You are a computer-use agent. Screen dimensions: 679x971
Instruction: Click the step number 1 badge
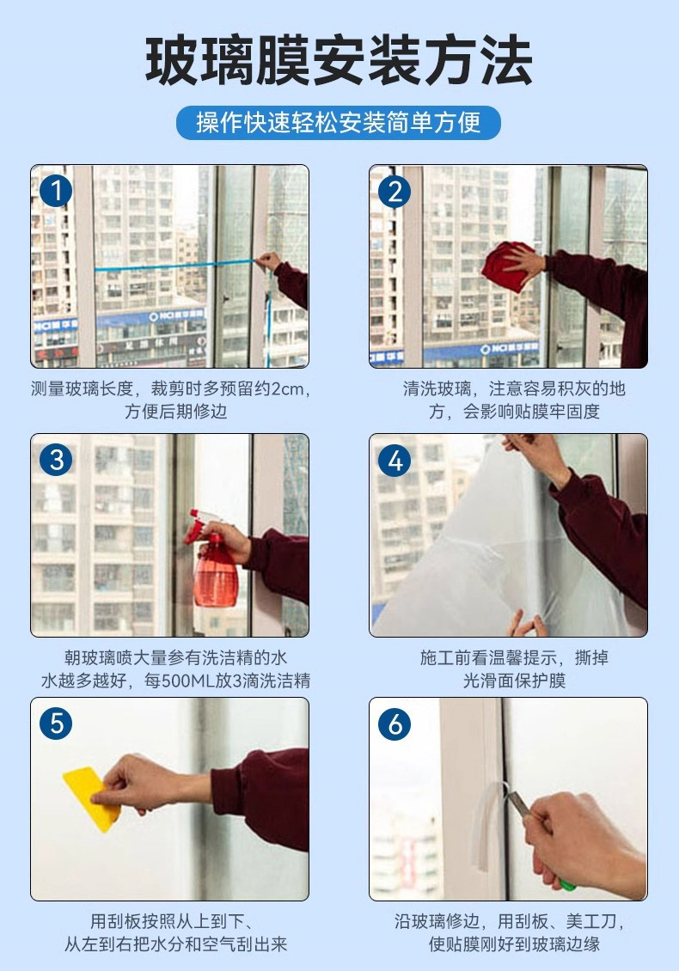pos(56,191)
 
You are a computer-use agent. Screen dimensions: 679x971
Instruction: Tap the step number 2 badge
pos(395,191)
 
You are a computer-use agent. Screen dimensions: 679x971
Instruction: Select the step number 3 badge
pos(56,460)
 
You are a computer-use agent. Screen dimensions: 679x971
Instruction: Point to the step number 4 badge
pos(395,460)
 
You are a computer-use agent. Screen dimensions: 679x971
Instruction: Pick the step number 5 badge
pos(56,724)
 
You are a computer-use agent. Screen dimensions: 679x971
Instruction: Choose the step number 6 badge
pos(395,724)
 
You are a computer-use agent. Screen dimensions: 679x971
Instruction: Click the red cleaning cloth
pos(507,266)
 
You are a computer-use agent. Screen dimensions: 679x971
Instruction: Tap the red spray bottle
pos(213,559)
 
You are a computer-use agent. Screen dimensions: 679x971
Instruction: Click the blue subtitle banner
pos(339,122)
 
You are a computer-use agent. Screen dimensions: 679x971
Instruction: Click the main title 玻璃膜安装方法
pos(339,61)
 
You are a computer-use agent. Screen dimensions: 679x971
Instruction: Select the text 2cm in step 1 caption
pos(289,389)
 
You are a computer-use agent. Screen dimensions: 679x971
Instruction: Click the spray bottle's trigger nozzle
pos(199,523)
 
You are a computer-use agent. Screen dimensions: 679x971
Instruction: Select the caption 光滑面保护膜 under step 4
pos(514,681)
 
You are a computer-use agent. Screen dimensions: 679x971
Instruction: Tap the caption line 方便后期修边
pos(176,412)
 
